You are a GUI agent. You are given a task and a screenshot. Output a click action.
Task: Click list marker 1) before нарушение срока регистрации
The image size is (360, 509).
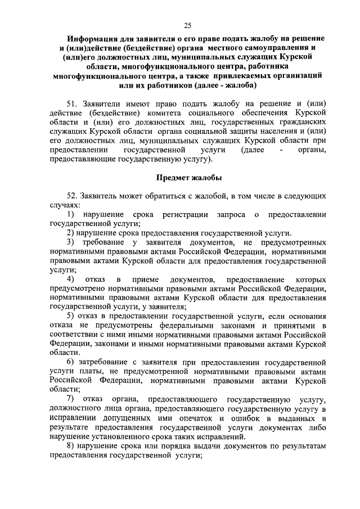coord(71,215)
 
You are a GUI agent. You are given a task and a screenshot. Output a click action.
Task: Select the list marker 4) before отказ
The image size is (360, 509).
coord(71,280)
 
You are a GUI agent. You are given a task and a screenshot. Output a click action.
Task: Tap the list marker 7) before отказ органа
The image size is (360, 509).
coord(71,399)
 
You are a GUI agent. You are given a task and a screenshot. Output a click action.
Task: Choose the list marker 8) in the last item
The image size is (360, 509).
coord(71,445)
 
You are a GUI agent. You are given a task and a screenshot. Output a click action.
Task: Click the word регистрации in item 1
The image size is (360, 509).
coord(187,215)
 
